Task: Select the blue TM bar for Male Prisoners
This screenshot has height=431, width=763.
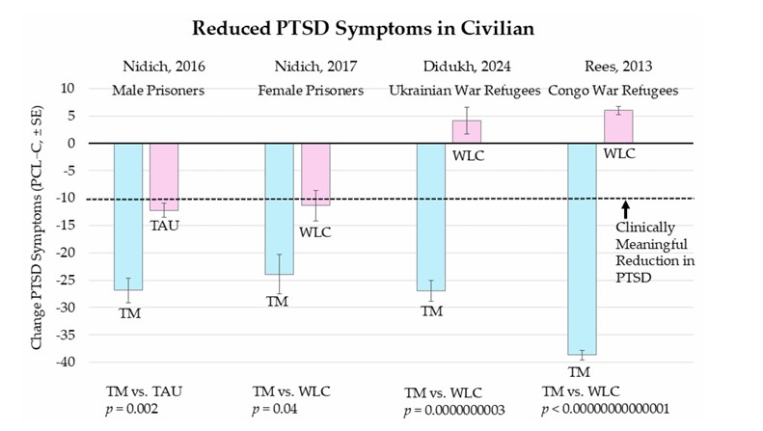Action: pyautogui.click(x=128, y=216)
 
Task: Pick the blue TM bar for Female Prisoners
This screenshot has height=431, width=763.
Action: pyautogui.click(x=279, y=208)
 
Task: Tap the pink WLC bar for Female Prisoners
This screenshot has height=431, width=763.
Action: pyautogui.click(x=314, y=174)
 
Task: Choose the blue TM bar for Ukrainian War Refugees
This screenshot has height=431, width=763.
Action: pyautogui.click(x=430, y=216)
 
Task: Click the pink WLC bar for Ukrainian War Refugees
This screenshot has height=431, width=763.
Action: pyautogui.click(x=467, y=131)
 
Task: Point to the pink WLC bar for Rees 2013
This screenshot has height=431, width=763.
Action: pyautogui.click(x=618, y=126)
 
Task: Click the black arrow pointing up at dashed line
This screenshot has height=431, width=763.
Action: pyautogui.click(x=625, y=208)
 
